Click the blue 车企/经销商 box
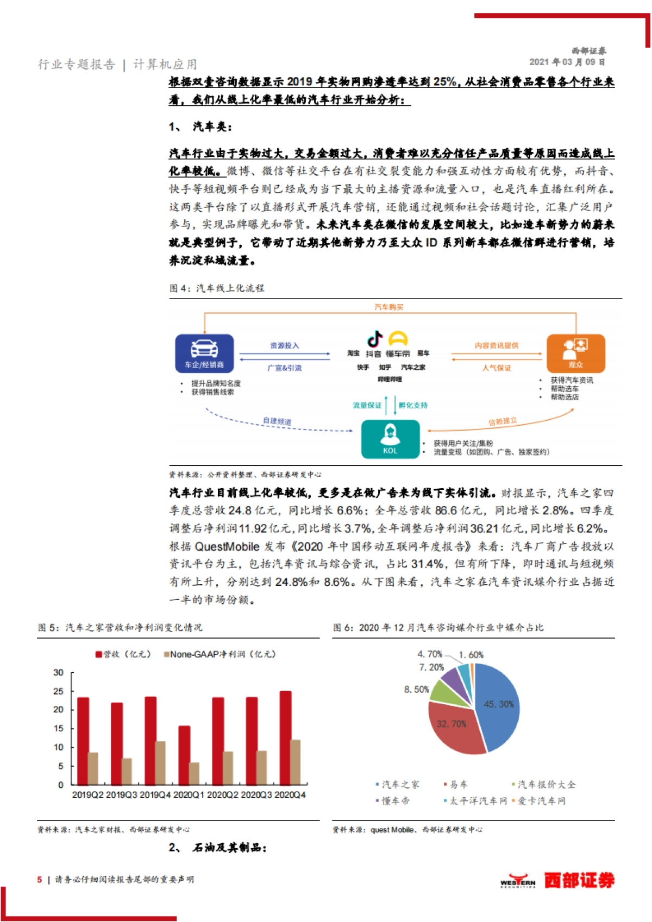204,353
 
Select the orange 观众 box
575,353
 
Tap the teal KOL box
390,439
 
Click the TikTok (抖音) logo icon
375,339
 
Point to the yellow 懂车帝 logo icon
398,339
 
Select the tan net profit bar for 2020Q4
296,762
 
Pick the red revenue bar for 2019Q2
83,741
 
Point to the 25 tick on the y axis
58,691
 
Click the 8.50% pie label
416,690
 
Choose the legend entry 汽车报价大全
546,785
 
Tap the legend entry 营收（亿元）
123,654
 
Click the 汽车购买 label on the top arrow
389,307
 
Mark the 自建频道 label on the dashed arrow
277,421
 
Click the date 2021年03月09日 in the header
567,62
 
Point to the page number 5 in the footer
40,880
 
